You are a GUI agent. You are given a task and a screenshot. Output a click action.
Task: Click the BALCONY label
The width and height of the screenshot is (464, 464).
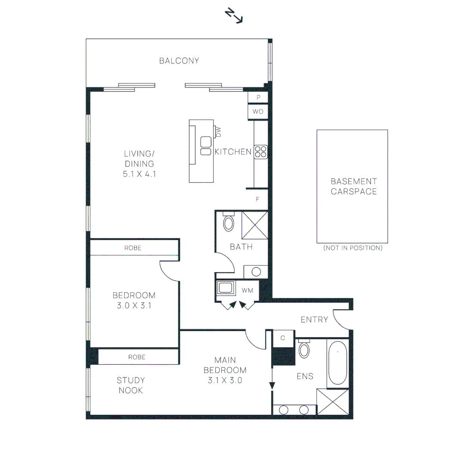(x=179, y=61)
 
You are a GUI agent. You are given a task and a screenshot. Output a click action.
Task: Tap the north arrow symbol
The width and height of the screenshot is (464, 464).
(x=234, y=16)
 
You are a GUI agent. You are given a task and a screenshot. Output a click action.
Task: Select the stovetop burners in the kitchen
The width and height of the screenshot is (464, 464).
(x=261, y=152)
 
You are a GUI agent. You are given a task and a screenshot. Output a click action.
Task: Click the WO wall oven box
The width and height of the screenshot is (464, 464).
(x=258, y=112)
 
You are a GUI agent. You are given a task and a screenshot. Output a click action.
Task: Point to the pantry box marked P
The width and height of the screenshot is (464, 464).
(x=258, y=97)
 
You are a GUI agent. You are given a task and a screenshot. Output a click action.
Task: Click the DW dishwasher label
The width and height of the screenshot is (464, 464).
(x=218, y=132)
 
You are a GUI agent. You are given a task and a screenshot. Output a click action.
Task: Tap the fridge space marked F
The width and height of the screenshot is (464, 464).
(x=257, y=199)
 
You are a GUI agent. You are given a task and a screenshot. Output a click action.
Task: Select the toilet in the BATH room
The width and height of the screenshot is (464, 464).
(x=229, y=222)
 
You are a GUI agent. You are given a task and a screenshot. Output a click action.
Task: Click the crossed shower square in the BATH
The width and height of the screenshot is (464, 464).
(x=255, y=225)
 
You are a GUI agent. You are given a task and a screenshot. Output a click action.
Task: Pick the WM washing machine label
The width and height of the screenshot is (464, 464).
(x=247, y=290)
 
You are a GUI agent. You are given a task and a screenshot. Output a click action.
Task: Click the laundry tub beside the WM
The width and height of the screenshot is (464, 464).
(x=226, y=287)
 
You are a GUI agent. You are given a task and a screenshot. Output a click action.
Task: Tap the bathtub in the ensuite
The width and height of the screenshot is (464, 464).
(x=338, y=363)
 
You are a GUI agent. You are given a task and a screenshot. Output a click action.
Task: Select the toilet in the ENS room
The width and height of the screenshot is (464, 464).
(x=304, y=348)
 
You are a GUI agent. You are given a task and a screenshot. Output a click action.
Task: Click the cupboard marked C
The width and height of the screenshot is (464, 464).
(x=283, y=338)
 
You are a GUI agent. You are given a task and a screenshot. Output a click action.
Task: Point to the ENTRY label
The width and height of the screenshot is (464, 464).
(x=314, y=320)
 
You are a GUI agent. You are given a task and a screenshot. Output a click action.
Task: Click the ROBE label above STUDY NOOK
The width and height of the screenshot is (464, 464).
(x=137, y=357)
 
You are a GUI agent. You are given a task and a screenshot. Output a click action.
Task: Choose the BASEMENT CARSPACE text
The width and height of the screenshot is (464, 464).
(x=354, y=186)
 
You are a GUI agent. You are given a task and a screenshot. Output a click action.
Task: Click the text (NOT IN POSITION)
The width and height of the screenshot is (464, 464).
(x=353, y=248)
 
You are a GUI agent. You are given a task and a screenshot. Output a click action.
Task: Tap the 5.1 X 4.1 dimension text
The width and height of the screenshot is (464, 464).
(x=139, y=174)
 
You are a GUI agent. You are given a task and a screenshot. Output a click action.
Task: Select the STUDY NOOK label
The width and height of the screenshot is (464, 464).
(x=131, y=385)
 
